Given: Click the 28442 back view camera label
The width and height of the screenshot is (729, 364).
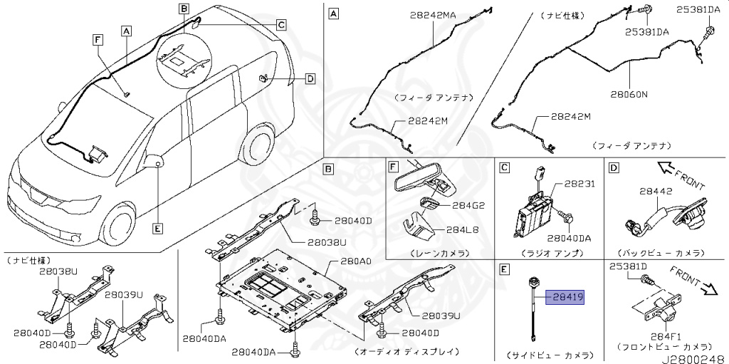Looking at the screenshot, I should point(655,191).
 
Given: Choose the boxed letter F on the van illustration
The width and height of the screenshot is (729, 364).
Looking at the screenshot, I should point(98,40).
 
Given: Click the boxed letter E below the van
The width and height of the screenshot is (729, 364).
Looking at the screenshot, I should point(157,228).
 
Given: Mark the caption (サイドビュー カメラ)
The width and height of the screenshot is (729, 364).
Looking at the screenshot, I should point(548,353).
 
